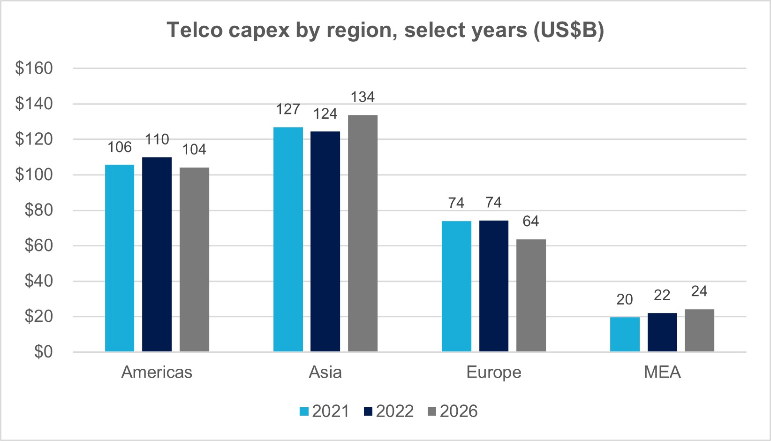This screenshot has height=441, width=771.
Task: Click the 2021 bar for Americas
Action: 120,258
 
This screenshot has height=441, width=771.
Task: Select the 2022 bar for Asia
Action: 325,242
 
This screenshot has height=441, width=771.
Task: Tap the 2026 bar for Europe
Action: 531,296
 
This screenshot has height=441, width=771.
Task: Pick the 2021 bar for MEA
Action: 625,335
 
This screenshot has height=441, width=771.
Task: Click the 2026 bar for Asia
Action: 363,233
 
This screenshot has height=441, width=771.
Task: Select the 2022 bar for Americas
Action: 157,254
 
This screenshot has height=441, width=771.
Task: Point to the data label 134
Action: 363,97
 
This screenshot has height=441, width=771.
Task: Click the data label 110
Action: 157,139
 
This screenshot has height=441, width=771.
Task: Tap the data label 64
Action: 531,221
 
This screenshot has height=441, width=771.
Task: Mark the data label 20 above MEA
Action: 625,299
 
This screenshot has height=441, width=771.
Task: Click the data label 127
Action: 288,109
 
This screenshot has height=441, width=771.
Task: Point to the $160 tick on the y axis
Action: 34,68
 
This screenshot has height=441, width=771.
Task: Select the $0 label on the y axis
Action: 44,352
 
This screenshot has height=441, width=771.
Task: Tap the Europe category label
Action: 494,372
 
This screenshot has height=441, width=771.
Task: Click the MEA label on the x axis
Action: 662,372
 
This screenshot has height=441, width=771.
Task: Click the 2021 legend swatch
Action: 304,411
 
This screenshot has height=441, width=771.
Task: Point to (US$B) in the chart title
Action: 568,30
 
